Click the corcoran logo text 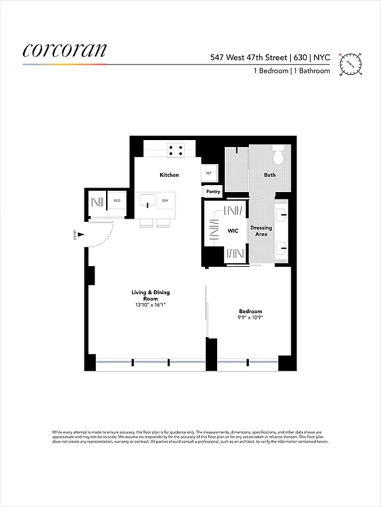point(65,51)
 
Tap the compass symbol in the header point(350,64)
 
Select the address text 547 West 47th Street point(249,57)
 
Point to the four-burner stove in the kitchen point(176,151)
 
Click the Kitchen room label point(169,175)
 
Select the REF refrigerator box point(208,173)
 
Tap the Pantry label point(213,191)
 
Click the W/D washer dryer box point(117,202)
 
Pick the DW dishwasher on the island point(164,202)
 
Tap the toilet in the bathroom point(279,156)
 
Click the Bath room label point(270,175)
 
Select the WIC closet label point(233,231)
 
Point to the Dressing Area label point(261,231)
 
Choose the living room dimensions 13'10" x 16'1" point(150,305)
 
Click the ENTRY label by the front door point(75,235)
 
